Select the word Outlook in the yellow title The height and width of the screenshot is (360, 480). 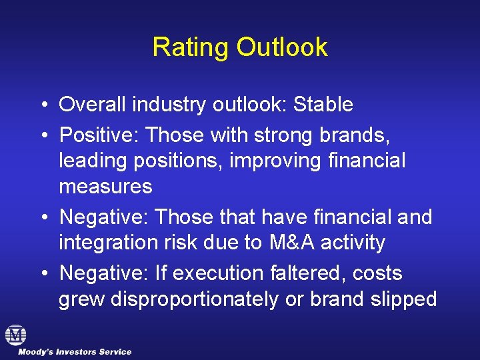click(282, 47)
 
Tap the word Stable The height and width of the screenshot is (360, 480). click(323, 105)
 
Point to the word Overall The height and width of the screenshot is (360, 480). click(92, 105)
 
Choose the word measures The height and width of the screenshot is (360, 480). click(105, 186)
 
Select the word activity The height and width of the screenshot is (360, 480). click(353, 243)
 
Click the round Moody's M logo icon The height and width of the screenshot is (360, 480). click(15, 335)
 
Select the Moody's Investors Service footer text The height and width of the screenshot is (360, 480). click(75, 351)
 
